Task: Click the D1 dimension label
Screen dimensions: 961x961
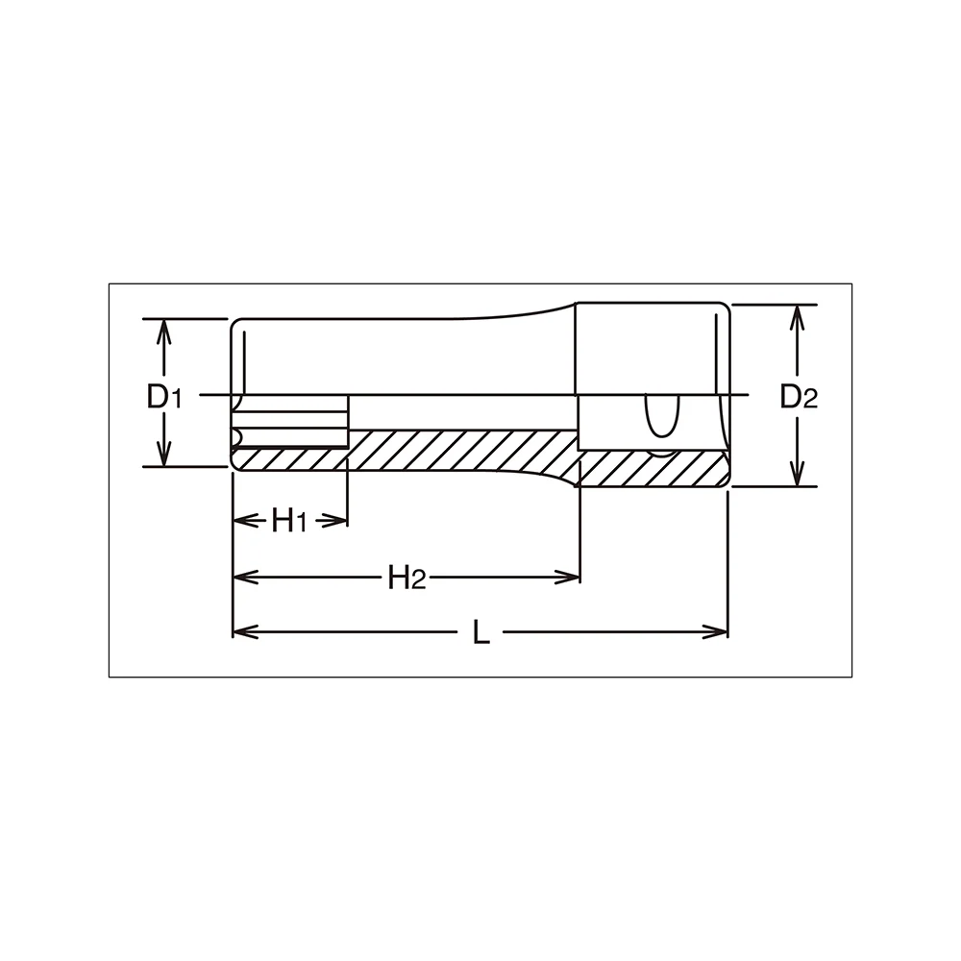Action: coord(164,397)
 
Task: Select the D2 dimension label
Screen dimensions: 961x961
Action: coord(799,397)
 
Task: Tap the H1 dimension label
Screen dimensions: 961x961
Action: coord(288,522)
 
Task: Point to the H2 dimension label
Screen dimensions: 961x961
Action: coord(407,578)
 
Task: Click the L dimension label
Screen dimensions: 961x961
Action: coord(481,632)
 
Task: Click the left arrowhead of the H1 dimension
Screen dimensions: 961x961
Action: coord(244,521)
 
